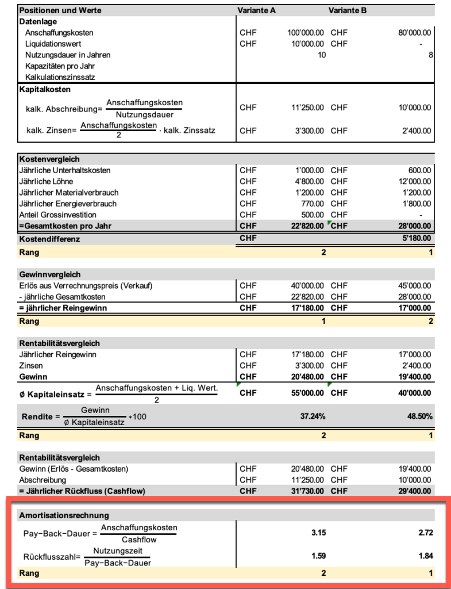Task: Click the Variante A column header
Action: point(256,10)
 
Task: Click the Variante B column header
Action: point(348,10)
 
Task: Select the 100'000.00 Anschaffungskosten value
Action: point(305,33)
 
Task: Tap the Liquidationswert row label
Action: point(53,44)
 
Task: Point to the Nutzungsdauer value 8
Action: point(430,55)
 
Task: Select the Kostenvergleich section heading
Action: point(49,159)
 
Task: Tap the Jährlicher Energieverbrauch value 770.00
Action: point(312,204)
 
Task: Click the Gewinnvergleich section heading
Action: point(50,274)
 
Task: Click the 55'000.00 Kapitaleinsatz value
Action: point(306,393)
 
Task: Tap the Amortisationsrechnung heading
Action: point(64,515)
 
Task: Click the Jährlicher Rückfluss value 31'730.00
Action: point(306,491)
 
